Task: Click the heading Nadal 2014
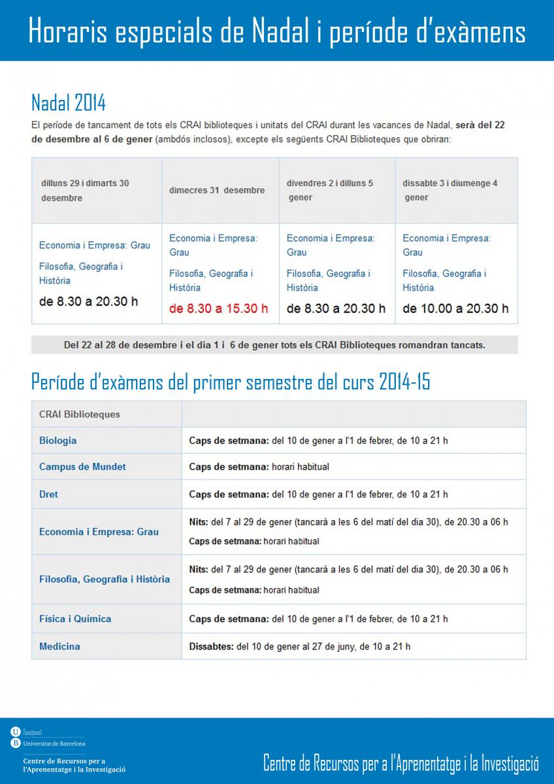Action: pyautogui.click(x=69, y=103)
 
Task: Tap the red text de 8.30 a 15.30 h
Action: pyautogui.click(x=218, y=308)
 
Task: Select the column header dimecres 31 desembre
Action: pyautogui.click(x=217, y=190)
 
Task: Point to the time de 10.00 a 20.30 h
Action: pyautogui.click(x=455, y=308)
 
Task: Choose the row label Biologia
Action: pyautogui.click(x=57, y=440)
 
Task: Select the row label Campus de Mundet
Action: pyautogui.click(x=82, y=466)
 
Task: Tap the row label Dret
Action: pyautogui.click(x=48, y=494)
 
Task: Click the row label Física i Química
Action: pyautogui.click(x=75, y=619)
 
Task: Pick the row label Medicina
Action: pyautogui.click(x=59, y=646)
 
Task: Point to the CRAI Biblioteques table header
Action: pyautogui.click(x=80, y=414)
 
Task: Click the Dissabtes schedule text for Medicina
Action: pyautogui.click(x=300, y=646)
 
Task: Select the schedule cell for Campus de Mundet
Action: pyautogui.click(x=259, y=466)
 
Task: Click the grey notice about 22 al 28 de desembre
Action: pyautogui.click(x=274, y=345)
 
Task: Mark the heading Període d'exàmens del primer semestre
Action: pyautogui.click(x=231, y=382)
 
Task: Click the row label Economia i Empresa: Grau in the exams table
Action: pyautogui.click(x=99, y=532)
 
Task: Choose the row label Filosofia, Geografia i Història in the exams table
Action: pyautogui.click(x=105, y=579)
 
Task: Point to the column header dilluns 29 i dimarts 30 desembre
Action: pyautogui.click(x=84, y=190)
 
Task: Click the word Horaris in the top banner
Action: pyautogui.click(x=69, y=31)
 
